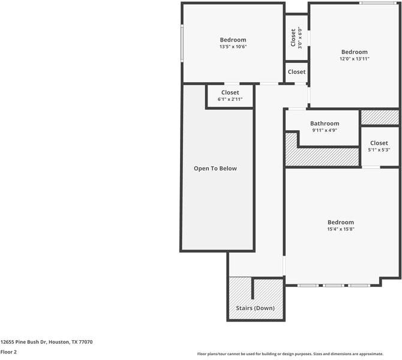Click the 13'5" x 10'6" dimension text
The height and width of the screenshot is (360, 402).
click(x=233, y=47)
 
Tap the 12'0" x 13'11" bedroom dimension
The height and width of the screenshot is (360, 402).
click(x=355, y=59)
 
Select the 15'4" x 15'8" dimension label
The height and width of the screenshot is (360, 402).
click(x=341, y=229)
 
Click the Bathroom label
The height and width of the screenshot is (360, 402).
click(x=325, y=124)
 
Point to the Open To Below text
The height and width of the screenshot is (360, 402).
click(x=215, y=169)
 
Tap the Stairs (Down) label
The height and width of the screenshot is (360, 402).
click(x=255, y=308)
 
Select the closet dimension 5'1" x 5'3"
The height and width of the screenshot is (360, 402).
click(x=379, y=150)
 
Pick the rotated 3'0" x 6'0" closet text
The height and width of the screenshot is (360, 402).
click(x=300, y=38)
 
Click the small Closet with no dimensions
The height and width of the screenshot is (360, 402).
click(x=296, y=72)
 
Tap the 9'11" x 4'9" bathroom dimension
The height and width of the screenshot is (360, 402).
click(x=325, y=130)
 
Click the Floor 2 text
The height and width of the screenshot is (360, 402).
click(x=8, y=352)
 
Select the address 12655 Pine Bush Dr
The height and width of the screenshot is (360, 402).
click(x=24, y=342)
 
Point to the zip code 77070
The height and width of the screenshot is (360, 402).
click(x=86, y=342)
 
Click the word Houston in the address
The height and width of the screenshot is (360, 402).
click(x=59, y=342)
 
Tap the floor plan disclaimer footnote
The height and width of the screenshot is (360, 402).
click(x=290, y=354)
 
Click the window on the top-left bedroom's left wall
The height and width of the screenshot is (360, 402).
click(x=182, y=43)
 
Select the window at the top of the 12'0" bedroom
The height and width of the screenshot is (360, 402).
click(x=378, y=3)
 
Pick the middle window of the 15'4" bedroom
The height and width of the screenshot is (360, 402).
click(x=333, y=286)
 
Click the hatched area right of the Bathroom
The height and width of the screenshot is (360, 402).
click(x=380, y=118)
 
